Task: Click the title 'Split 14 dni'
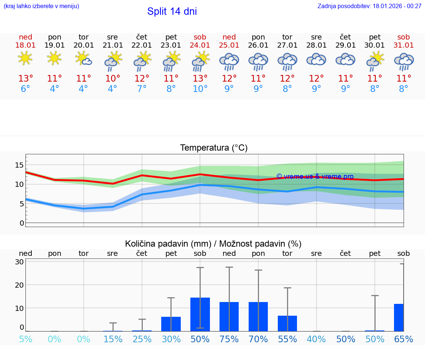click(x=172, y=11)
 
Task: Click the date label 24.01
click(x=200, y=45)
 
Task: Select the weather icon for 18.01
click(x=25, y=58)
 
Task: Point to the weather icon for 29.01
click(x=345, y=59)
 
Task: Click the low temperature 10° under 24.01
click(x=200, y=89)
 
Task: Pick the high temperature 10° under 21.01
click(x=113, y=79)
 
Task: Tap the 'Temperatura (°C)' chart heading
click(x=214, y=148)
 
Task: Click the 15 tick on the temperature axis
click(x=19, y=165)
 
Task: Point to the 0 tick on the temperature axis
click(x=21, y=223)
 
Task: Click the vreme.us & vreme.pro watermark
click(x=315, y=176)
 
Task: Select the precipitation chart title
click(x=213, y=244)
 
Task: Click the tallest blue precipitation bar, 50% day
click(x=200, y=314)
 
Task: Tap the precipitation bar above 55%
click(x=287, y=323)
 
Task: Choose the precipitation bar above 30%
click(x=171, y=324)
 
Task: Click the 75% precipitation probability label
click(x=229, y=339)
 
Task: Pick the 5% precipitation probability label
click(x=25, y=339)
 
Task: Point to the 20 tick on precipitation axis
click(x=19, y=285)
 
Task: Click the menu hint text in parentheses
click(x=41, y=6)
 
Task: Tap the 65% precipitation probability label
click(x=404, y=339)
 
